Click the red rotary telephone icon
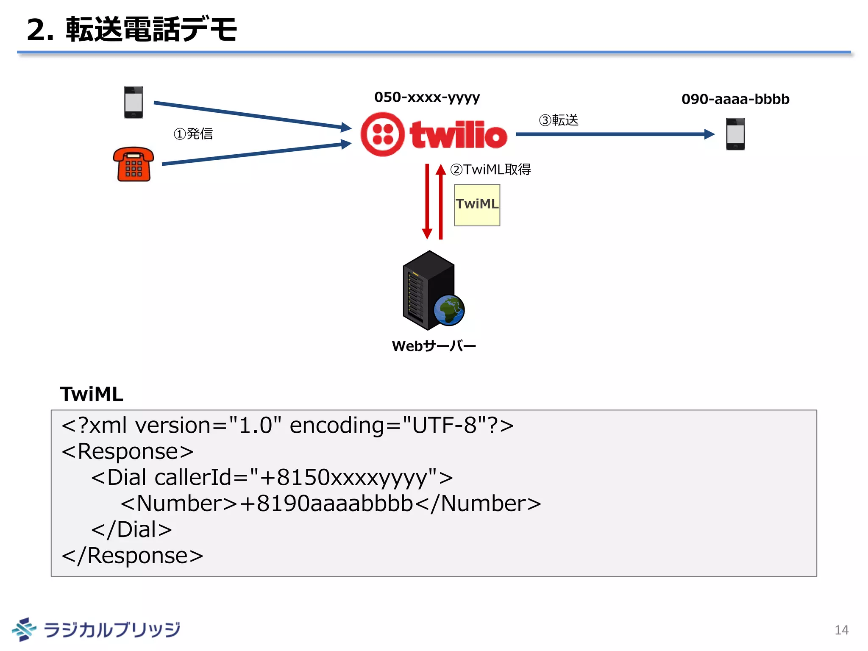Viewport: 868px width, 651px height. coord(133,164)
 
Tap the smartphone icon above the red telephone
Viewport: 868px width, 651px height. coord(134,102)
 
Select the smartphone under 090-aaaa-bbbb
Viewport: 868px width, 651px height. coord(735,134)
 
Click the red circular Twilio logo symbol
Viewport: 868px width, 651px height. coord(382,134)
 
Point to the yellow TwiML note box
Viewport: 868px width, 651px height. coord(477,205)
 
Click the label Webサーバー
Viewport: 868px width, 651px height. coord(434,346)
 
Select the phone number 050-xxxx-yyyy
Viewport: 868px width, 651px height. coord(427,97)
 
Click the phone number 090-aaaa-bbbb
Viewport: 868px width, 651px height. coord(735,99)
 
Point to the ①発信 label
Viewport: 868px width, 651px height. coord(193,134)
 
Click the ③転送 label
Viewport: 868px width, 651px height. coord(558,120)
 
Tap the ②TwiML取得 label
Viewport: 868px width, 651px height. coord(490,170)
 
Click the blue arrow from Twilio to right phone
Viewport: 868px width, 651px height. coord(615,134)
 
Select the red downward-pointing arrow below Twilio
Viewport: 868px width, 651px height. coord(427,201)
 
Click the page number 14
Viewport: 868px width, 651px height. coord(841,630)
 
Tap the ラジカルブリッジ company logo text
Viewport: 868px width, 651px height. coord(112,629)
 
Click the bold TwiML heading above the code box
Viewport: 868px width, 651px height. coord(92,394)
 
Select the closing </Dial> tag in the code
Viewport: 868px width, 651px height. coord(132,529)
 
